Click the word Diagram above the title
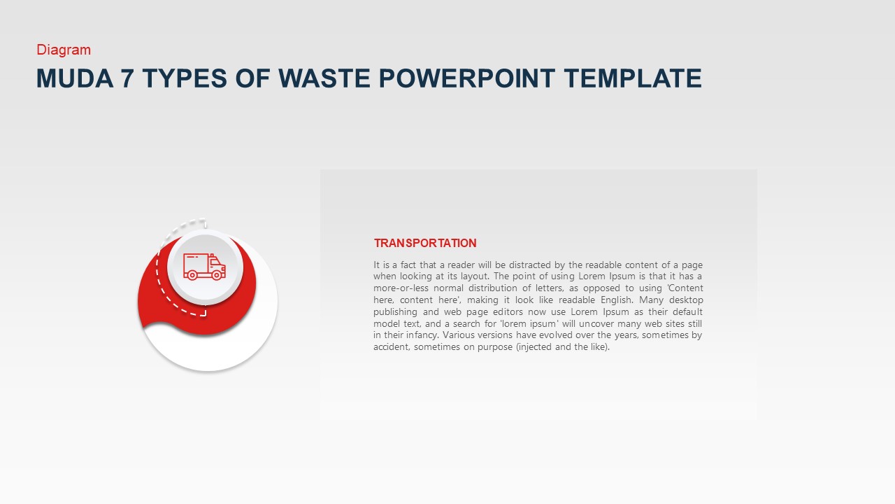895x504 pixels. pyautogui.click(x=64, y=50)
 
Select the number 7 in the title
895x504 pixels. pyautogui.click(x=127, y=78)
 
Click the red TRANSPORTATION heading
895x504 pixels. pyautogui.click(x=425, y=243)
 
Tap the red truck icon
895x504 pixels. pyautogui.click(x=204, y=266)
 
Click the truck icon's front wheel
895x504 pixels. pyautogui.click(x=216, y=275)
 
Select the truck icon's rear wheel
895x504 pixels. pyautogui.click(x=190, y=275)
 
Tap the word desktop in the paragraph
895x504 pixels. pyautogui.click(x=686, y=300)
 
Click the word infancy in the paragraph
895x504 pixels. pyautogui.click(x=415, y=335)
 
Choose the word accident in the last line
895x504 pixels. pyautogui.click(x=390, y=346)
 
